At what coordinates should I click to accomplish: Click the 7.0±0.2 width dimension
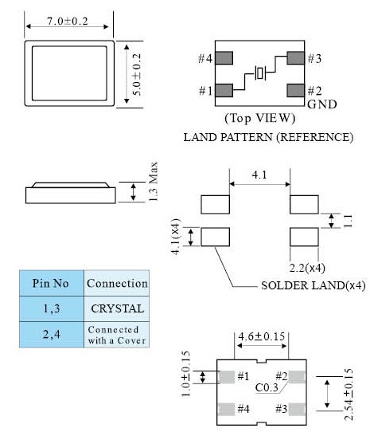click(x=68, y=22)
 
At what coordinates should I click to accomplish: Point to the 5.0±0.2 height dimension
click(x=137, y=75)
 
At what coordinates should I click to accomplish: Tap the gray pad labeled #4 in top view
click(x=224, y=58)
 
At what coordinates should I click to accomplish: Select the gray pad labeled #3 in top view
click(x=295, y=58)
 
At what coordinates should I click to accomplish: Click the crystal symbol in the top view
click(x=260, y=73)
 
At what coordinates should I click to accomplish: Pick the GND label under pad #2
click(x=321, y=104)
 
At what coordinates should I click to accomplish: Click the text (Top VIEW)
click(x=259, y=118)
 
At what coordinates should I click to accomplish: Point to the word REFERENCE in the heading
click(x=315, y=137)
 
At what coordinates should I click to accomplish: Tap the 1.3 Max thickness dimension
click(x=154, y=182)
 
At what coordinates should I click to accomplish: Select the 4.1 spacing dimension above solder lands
click(x=259, y=175)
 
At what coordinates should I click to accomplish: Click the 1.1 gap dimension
click(x=348, y=221)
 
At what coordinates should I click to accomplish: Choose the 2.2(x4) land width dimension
click(x=307, y=268)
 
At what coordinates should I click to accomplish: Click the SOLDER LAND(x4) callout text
click(x=314, y=285)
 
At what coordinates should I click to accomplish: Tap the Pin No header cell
click(x=52, y=283)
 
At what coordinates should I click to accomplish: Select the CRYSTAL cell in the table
click(x=117, y=308)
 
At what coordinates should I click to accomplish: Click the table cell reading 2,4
click(x=52, y=335)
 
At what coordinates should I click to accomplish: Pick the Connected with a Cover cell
click(x=117, y=335)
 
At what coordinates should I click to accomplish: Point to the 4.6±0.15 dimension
click(x=261, y=336)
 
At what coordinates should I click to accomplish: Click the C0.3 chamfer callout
click(x=267, y=387)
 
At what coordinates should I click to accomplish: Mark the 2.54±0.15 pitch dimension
click(x=349, y=395)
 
